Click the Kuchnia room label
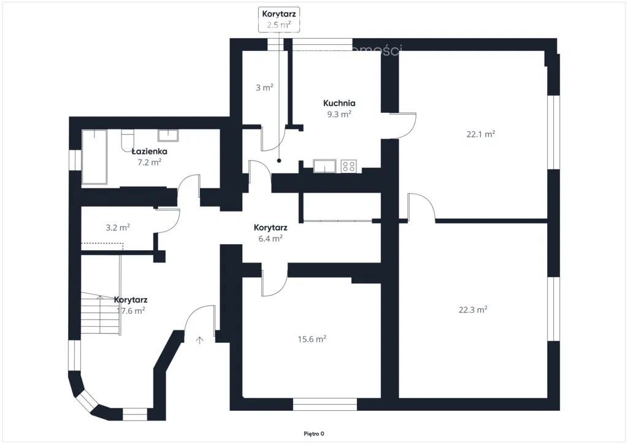click(339, 104)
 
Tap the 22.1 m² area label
click(481, 134)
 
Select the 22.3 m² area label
click(473, 310)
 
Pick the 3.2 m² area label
click(117, 228)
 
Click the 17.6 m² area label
click(130, 311)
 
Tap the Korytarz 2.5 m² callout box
click(279, 19)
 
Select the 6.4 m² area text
click(270, 239)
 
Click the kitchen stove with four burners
click(349, 166)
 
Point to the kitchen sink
click(324, 166)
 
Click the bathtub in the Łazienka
click(94, 156)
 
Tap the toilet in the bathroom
click(127, 140)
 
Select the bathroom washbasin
click(168, 136)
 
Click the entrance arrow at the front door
click(200, 340)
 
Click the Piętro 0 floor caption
click(313, 434)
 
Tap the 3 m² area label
click(264, 88)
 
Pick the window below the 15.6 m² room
click(324, 405)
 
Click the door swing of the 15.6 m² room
click(274, 282)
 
